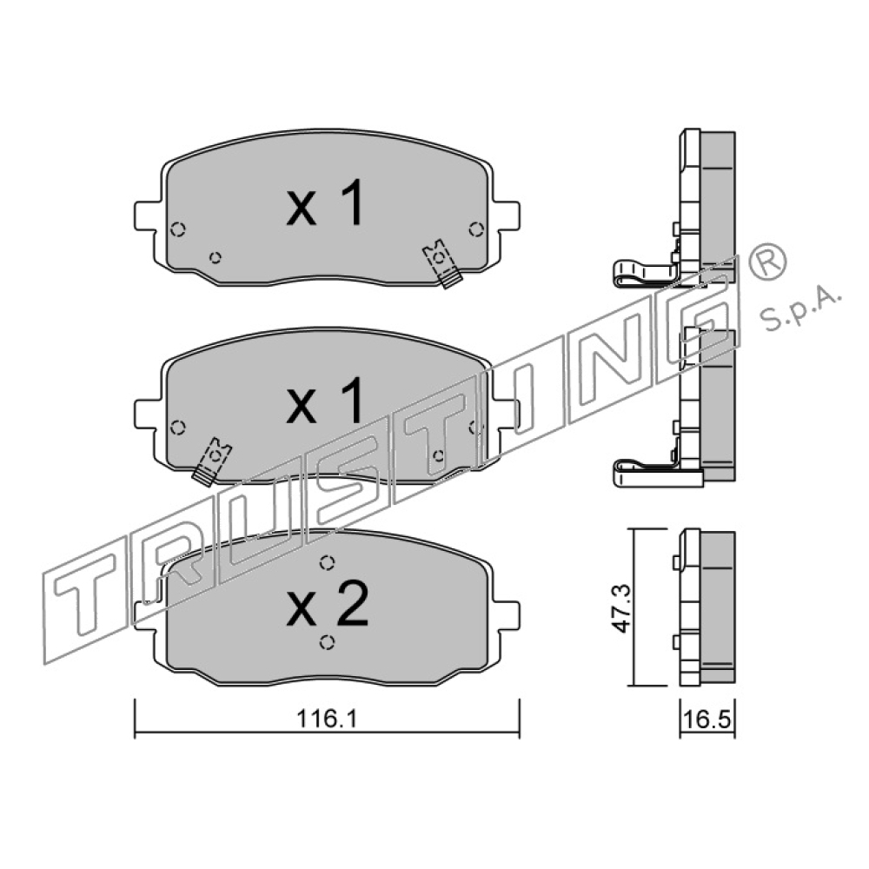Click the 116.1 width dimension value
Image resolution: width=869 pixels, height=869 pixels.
(328, 719)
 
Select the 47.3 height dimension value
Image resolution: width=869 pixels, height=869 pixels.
(622, 607)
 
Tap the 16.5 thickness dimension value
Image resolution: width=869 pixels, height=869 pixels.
(707, 720)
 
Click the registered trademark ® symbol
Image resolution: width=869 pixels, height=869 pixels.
(767, 262)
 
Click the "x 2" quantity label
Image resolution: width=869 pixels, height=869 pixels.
(327, 604)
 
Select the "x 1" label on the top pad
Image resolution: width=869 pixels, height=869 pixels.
(325, 202)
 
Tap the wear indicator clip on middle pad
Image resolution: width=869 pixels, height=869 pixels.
(212, 461)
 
